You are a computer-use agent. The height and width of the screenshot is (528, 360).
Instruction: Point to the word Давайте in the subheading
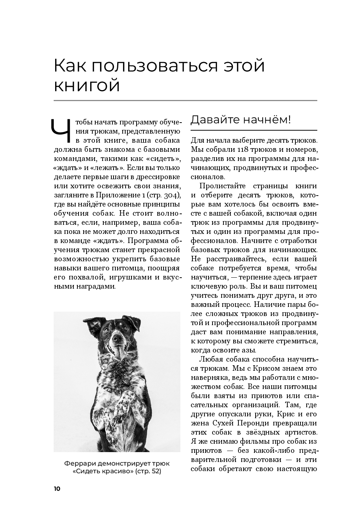tap(213, 120)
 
